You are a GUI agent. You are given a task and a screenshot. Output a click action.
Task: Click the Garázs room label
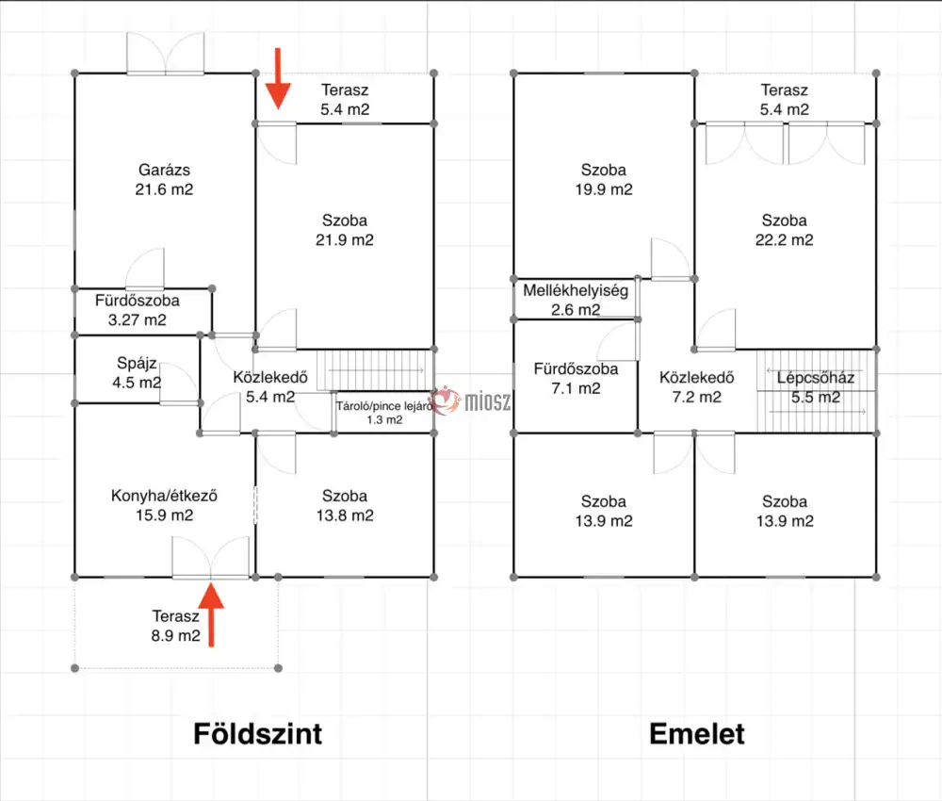pos(164,170)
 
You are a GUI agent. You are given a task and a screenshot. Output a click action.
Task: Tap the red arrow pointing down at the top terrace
pos(278,79)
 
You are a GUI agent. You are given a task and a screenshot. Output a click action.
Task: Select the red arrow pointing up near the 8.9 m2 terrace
pos(211,614)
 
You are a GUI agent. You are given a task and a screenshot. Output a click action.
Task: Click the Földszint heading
pos(258,734)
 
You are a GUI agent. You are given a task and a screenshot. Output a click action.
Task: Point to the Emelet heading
pos(697,734)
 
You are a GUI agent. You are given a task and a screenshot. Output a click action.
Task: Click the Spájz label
pos(137,363)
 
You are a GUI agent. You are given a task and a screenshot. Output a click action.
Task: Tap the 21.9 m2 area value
pos(345,239)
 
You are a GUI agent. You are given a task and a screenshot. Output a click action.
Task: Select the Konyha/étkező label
pos(164,496)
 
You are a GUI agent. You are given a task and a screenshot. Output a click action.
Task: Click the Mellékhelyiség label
pos(576,290)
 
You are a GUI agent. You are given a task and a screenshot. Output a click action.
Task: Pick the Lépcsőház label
pos(815,377)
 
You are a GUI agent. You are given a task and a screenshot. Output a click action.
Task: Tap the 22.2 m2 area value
pos(784,239)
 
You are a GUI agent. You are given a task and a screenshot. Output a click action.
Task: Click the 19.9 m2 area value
pos(604,189)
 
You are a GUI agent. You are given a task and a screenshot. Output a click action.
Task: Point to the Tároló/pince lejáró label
pos(384,405)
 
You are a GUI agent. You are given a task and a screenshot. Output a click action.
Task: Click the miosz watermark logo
pos(471,400)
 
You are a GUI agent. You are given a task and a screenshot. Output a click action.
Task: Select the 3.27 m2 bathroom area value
pos(137,319)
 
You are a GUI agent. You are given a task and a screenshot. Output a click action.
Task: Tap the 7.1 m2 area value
pos(576,388)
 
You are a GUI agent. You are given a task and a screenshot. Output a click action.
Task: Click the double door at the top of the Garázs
pos(165,54)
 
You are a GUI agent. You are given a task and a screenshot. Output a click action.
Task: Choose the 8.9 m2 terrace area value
pos(175,635)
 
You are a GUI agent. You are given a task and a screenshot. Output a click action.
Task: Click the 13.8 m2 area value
pos(345,515)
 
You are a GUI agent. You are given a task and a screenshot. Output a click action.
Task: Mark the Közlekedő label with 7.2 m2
pos(697,377)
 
